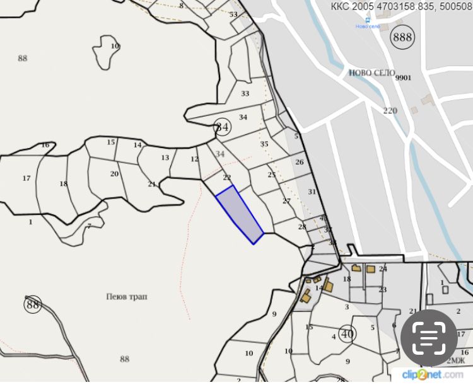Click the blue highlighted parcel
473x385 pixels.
[x=239, y=214]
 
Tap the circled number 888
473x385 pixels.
[x=402, y=37]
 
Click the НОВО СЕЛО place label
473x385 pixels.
[x=371, y=72]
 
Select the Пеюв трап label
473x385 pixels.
[x=127, y=296]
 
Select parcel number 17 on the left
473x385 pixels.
[x=26, y=178]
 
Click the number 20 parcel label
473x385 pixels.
[x=114, y=174]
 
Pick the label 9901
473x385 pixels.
[x=403, y=78]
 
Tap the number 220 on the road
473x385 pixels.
[x=390, y=110]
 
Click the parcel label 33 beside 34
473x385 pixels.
[x=245, y=93]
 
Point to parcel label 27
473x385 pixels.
[x=286, y=201]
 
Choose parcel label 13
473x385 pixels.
[x=165, y=158]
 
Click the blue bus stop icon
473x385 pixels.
[x=368, y=20]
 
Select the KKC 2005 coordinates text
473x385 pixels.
[x=401, y=8]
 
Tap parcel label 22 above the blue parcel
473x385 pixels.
[x=227, y=178]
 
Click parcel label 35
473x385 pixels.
[x=264, y=144]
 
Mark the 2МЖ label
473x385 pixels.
[x=455, y=361]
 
